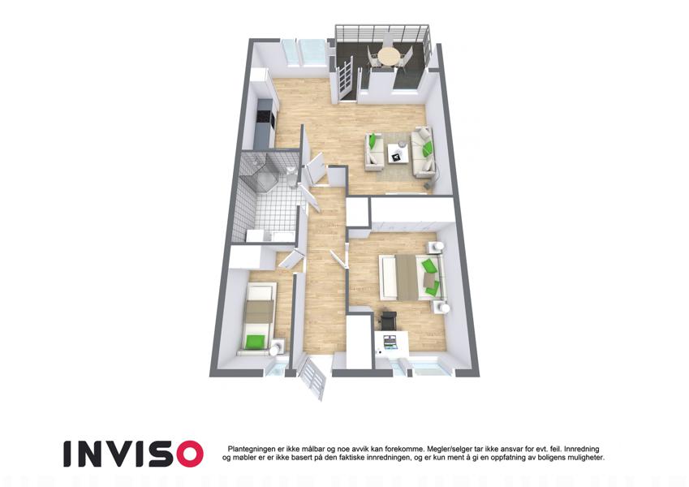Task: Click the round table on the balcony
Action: (x=388, y=55)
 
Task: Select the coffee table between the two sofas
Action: (x=398, y=153)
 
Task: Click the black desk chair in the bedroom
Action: (x=389, y=319)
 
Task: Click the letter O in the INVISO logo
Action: (x=188, y=454)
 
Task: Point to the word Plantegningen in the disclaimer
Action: (x=248, y=449)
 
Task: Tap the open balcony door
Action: (x=345, y=78)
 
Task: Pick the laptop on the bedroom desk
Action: (x=390, y=342)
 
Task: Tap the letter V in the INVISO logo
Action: (x=114, y=454)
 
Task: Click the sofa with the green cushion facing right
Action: (x=374, y=149)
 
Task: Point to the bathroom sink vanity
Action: (x=269, y=235)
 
